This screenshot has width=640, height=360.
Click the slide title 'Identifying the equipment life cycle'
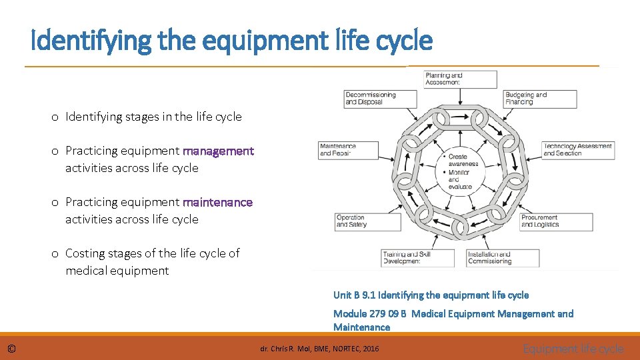232,41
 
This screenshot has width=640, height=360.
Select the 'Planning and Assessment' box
461,79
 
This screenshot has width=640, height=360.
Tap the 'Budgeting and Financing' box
540,99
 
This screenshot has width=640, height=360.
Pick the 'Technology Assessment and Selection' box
578,150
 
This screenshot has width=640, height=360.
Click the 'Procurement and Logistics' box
555,221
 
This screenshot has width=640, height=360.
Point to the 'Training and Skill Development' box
417,258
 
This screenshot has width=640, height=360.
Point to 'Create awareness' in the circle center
463,161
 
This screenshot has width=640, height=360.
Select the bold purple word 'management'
219,151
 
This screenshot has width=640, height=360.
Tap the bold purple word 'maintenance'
218,202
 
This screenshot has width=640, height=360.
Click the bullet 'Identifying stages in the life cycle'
153,117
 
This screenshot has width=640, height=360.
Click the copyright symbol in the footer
12,349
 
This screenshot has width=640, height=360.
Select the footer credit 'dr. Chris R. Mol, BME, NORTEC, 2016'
319,349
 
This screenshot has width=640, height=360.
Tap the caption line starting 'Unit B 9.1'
431,295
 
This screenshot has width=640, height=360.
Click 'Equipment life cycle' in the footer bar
573,349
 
